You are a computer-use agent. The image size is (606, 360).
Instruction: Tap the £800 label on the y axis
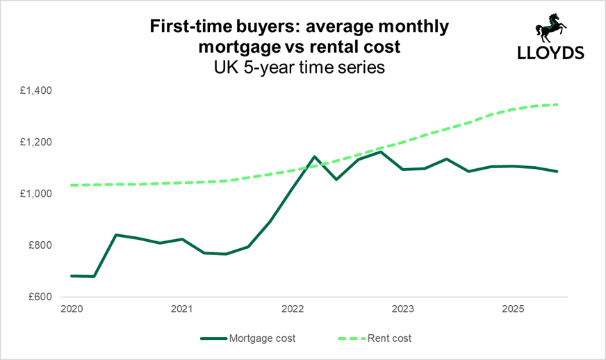point(46,245)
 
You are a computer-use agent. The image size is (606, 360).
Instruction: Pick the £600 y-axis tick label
point(46,297)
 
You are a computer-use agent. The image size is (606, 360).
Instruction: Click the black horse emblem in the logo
point(549,28)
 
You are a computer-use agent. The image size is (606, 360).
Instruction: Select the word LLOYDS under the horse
point(550,54)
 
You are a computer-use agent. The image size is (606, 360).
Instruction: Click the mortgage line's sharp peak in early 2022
point(314,156)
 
